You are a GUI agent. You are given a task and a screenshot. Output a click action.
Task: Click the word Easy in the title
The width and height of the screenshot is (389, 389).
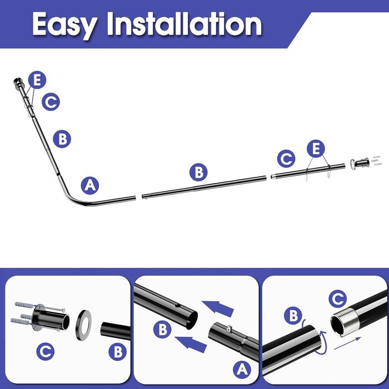click(65, 25)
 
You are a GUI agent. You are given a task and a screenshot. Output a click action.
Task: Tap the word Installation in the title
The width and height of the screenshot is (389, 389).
click(184, 23)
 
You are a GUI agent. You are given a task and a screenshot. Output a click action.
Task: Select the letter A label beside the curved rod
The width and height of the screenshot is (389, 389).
click(90, 186)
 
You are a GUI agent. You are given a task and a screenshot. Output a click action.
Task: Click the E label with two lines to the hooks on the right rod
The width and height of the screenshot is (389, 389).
click(316, 148)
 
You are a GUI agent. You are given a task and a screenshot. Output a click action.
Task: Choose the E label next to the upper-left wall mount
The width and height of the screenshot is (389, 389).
click(37, 80)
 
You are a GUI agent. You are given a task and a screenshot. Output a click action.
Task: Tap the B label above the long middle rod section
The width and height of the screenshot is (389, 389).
click(198, 172)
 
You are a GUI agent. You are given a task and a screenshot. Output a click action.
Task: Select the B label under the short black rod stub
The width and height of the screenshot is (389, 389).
click(118, 352)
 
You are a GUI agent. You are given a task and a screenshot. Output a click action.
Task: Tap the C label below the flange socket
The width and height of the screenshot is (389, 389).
click(46, 351)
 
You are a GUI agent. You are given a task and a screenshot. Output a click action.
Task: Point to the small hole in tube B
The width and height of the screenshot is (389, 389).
click(176, 306)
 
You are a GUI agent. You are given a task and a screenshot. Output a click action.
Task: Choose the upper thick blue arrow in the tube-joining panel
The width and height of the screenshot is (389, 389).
click(218, 308)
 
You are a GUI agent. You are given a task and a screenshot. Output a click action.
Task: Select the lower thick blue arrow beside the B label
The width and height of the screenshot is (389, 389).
click(191, 345)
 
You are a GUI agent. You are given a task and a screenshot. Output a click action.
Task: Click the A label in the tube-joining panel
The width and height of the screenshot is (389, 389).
click(242, 370)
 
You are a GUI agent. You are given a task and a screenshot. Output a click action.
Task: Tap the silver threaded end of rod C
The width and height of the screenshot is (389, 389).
click(345, 322)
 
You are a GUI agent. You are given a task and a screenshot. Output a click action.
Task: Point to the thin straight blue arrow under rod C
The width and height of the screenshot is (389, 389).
click(347, 343)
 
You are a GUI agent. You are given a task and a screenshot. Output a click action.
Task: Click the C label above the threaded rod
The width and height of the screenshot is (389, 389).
click(338, 299)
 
